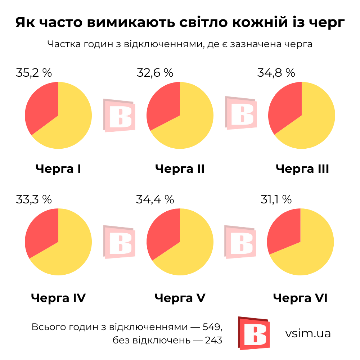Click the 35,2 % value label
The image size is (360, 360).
pyautogui.click(x=34, y=73)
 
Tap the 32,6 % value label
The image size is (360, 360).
pyautogui.click(x=155, y=73)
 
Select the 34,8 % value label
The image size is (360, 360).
pyautogui.click(x=276, y=73)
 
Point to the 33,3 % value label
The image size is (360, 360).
pyautogui.click(x=34, y=199)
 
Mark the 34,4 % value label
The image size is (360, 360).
pyautogui.click(x=155, y=199)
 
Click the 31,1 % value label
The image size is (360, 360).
pyautogui.click(x=276, y=199)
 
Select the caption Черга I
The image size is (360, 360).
pyautogui.click(x=58, y=168)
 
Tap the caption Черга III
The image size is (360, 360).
pyautogui.click(x=302, y=168)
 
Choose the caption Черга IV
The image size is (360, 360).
pyautogui.click(x=58, y=298)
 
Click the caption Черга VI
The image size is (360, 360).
pyautogui.click(x=300, y=298)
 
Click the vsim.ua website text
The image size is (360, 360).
pyautogui.click(x=308, y=333)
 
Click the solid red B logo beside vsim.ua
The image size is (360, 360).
pyautogui.click(x=254, y=333)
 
